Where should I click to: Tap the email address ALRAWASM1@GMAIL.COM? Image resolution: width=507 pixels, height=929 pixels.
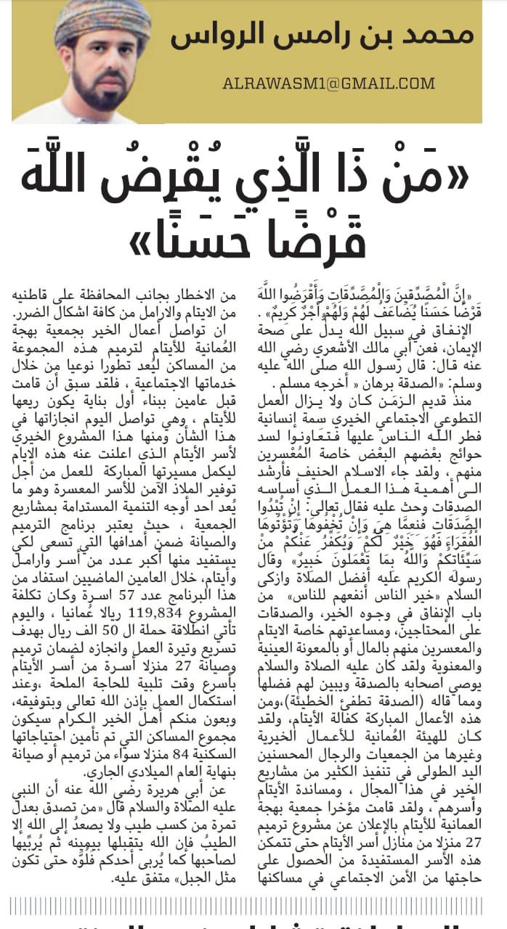[328, 83]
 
